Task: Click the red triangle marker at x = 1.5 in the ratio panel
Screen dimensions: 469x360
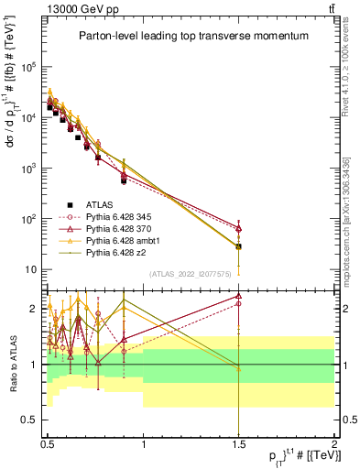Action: point(238,297)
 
